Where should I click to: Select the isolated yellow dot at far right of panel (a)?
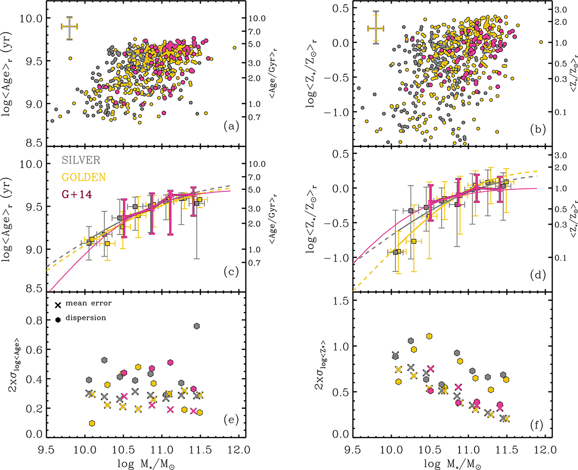(x=235, y=48)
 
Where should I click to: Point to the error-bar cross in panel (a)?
(x=70, y=28)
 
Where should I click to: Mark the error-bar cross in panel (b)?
(x=376, y=28)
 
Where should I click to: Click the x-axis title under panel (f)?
(x=446, y=463)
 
